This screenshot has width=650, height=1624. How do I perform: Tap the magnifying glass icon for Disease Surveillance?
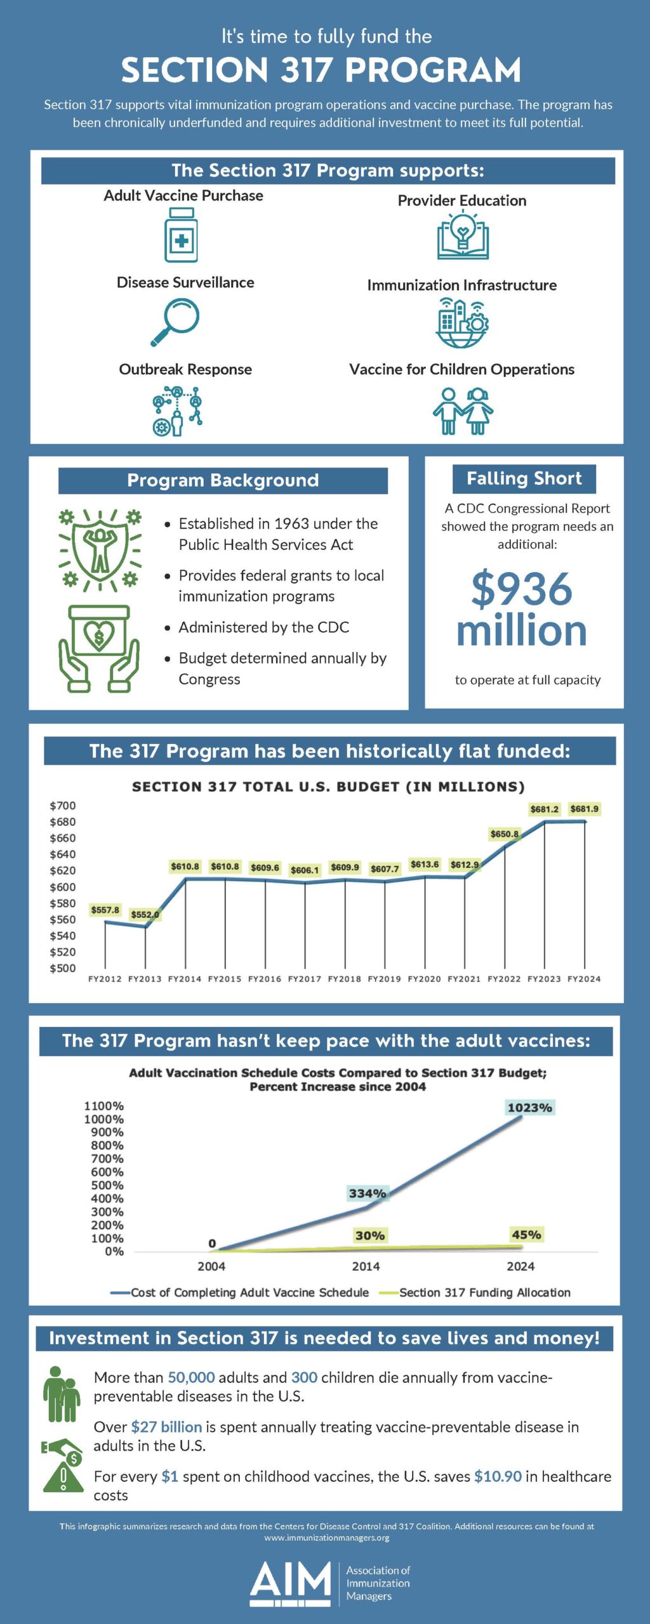pyautogui.click(x=175, y=322)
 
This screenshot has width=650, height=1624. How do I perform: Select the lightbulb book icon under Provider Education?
pyautogui.click(x=463, y=236)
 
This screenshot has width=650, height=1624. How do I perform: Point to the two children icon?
pyautogui.click(x=463, y=411)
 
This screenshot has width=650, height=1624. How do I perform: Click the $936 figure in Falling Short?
pyautogui.click(x=521, y=589)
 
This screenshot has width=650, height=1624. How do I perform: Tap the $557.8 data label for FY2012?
pyautogui.click(x=105, y=910)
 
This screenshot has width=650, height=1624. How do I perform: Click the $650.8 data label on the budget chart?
pyautogui.click(x=504, y=834)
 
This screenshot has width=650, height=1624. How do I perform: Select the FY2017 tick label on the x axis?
pyautogui.click(x=305, y=979)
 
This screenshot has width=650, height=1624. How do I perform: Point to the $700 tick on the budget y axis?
pyautogui.click(x=63, y=806)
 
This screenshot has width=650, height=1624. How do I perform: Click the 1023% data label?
pyautogui.click(x=529, y=1108)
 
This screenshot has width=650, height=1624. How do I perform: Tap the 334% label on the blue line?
pyautogui.click(x=368, y=1193)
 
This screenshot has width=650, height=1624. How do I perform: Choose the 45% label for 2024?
pyautogui.click(x=526, y=1234)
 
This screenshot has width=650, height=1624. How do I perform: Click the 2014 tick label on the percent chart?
pyautogui.click(x=366, y=1266)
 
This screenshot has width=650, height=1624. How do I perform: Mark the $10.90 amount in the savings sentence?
pyautogui.click(x=498, y=1476)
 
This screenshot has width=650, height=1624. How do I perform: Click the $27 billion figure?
pyautogui.click(x=166, y=1427)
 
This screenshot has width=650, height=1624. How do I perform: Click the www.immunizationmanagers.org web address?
pyautogui.click(x=327, y=1538)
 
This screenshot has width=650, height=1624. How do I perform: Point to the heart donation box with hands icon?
pyautogui.click(x=99, y=648)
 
